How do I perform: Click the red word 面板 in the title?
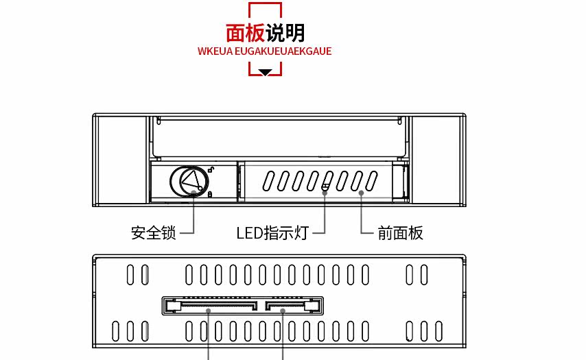point(245,33)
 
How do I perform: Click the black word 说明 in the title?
point(285,33)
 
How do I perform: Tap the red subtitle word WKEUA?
point(215,51)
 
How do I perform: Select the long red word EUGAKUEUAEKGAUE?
point(283,51)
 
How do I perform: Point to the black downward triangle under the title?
point(266,71)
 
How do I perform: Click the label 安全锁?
point(153,233)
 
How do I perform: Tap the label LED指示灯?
point(272,233)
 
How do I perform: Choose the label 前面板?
point(401,233)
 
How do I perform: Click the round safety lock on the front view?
point(187,182)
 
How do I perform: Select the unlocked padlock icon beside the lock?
point(211,170)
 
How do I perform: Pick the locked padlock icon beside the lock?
point(210,194)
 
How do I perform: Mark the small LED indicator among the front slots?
point(325,186)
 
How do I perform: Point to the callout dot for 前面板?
point(361,193)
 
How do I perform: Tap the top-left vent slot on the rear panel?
point(130,275)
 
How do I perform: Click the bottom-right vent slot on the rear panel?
point(438,331)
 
